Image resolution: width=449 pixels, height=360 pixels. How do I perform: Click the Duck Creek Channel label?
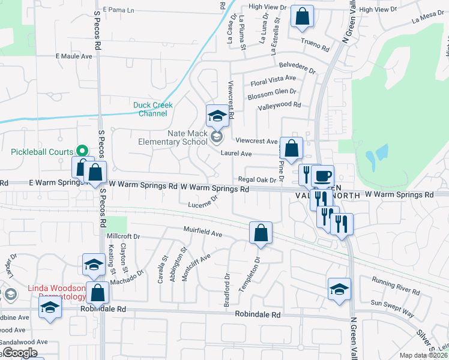coord(152,109)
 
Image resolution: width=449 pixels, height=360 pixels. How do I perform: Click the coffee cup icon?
coord(322,176)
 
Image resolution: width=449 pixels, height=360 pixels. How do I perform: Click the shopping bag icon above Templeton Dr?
coord(261,233)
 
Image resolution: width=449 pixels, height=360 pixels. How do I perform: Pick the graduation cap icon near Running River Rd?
coord(339,289)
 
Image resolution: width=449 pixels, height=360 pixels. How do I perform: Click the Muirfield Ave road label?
coord(203,232)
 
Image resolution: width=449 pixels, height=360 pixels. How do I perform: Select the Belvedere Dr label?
coord(297,67)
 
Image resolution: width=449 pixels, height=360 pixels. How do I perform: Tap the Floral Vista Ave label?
coord(274,79)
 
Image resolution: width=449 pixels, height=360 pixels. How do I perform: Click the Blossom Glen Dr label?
coord(272,92)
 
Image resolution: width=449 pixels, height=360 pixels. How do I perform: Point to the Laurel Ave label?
coord(236,154)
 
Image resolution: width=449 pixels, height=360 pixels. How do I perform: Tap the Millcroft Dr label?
coord(122,236)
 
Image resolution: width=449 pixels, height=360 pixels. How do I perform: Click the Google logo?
coord(20,353)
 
